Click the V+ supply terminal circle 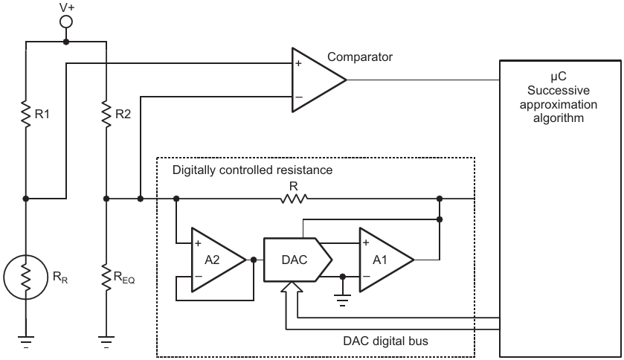65,22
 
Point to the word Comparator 360,57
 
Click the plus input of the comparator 298,65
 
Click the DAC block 292,259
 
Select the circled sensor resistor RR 26,277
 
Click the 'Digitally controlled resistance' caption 252,170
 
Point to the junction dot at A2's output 254,259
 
